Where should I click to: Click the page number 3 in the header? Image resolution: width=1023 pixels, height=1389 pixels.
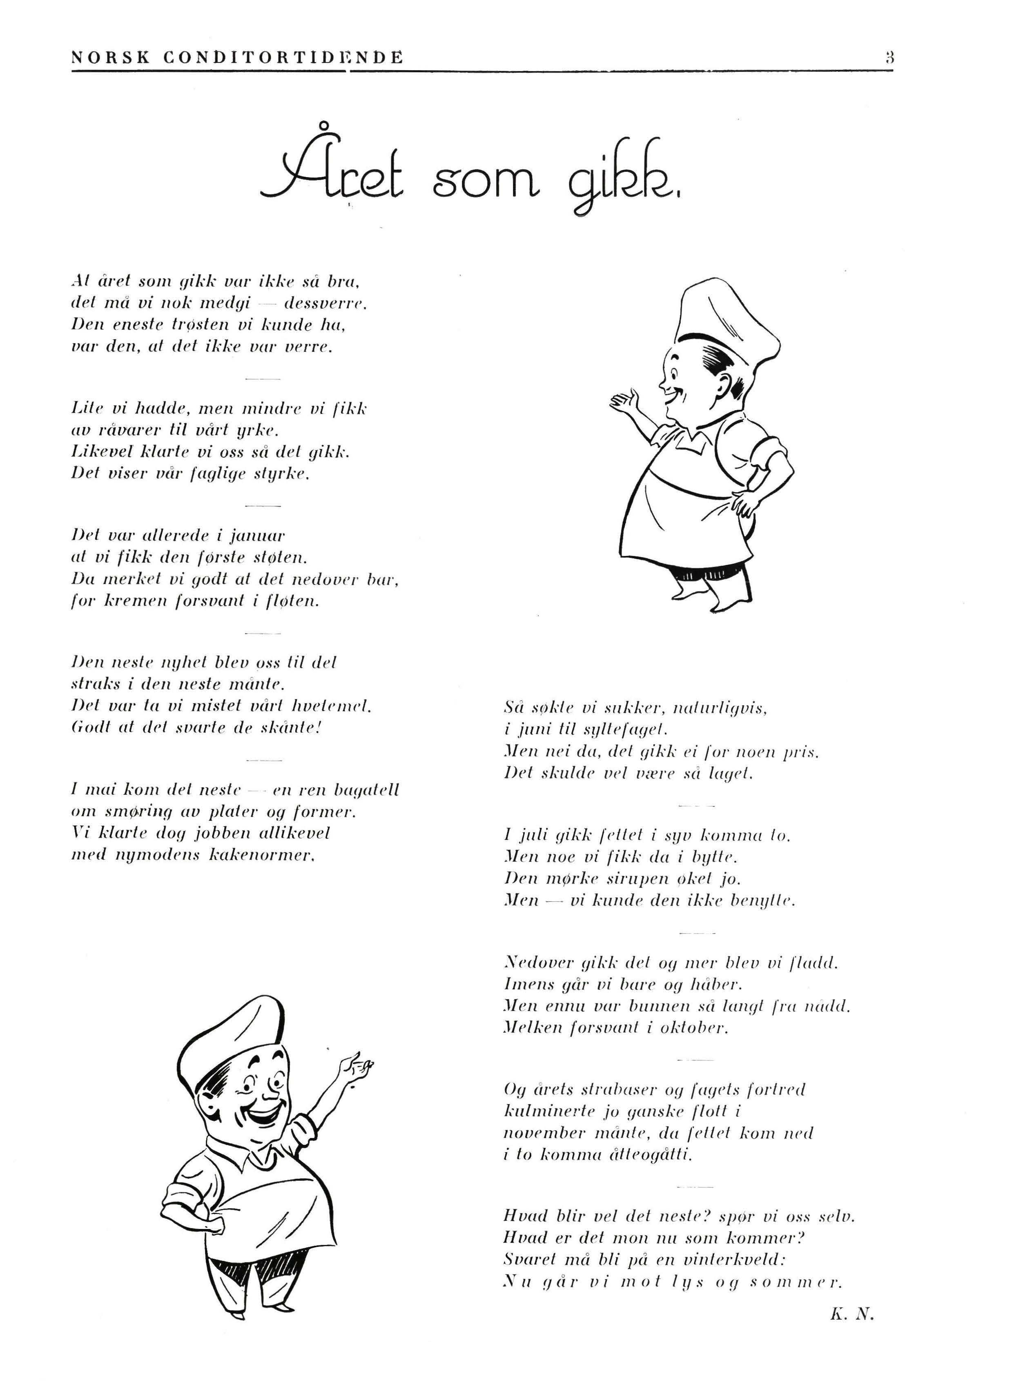tap(889, 58)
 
